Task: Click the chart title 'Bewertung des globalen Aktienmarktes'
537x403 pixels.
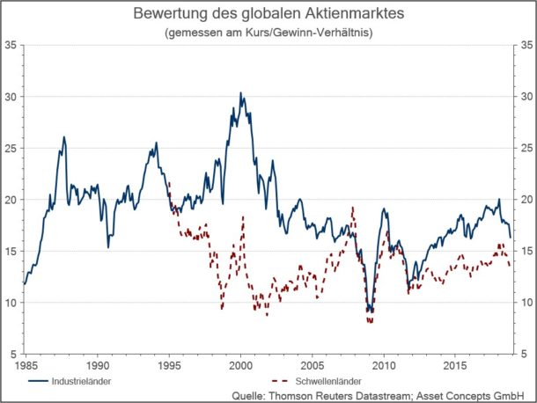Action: pyautogui.click(x=268, y=15)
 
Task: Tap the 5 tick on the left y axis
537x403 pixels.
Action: pyautogui.click(x=13, y=354)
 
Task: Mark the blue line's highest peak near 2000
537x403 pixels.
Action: pyautogui.click(x=241, y=92)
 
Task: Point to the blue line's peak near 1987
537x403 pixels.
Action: pyautogui.click(x=64, y=137)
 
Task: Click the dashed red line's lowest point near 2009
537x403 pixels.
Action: pyautogui.click(x=371, y=322)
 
